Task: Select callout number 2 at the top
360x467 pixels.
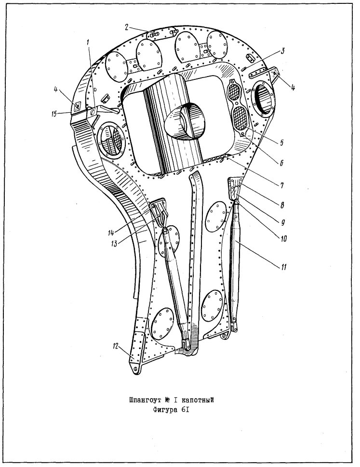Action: tap(127, 27)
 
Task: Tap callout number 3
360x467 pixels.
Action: tap(282, 51)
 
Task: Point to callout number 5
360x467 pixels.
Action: tap(281, 143)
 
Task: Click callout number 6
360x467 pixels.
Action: tap(281, 163)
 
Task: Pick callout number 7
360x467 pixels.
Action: tap(281, 185)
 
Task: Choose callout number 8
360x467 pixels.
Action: tap(281, 205)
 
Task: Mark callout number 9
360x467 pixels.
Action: tap(282, 222)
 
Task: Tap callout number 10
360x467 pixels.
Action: tap(283, 238)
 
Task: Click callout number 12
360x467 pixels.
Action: tap(116, 346)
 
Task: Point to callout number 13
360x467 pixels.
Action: tap(114, 243)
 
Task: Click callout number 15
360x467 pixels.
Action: tap(54, 114)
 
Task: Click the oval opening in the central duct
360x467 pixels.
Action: tap(185, 121)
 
